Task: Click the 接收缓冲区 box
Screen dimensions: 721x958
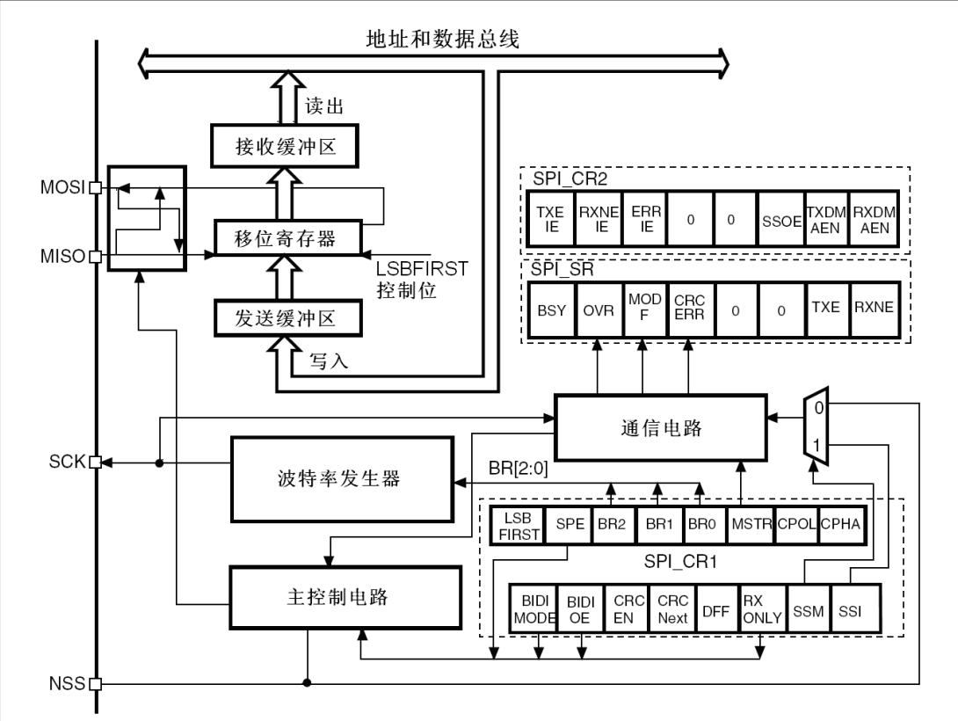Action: coord(274,145)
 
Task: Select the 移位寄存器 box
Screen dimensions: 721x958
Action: coord(274,237)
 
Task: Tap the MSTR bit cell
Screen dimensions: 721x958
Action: coord(751,525)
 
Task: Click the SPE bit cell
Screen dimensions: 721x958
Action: coord(567,525)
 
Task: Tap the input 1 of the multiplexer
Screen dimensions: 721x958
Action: coord(817,446)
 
